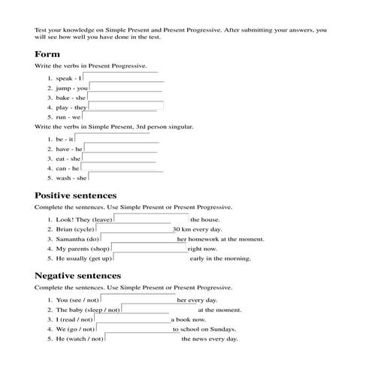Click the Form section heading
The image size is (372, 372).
pyautogui.click(x=47, y=54)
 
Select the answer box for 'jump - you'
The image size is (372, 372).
pyautogui.click(x=126, y=86)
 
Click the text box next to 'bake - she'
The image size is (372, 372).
pyautogui.click(x=125, y=96)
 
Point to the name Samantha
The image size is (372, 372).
pyautogui.click(x=71, y=239)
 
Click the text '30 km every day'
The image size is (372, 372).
pyautogui.click(x=197, y=229)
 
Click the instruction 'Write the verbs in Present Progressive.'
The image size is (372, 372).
pyautogui.click(x=90, y=66)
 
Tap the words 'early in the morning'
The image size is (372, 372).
pyautogui.click(x=221, y=259)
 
